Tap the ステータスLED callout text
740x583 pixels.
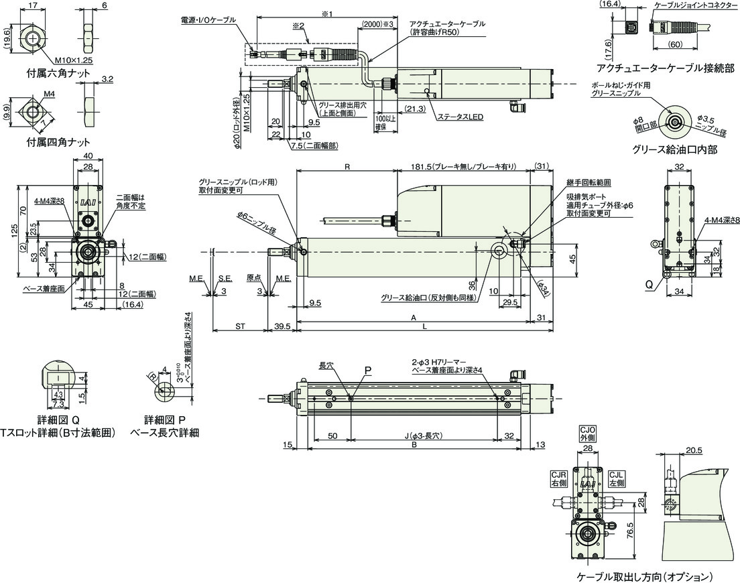[x=460, y=117]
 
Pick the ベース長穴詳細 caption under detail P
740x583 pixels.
[x=167, y=433]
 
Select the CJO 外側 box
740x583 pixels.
[x=587, y=433]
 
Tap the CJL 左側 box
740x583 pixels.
[x=617, y=478]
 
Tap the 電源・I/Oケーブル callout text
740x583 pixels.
[x=208, y=20]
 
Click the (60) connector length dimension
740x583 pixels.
[x=675, y=44]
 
